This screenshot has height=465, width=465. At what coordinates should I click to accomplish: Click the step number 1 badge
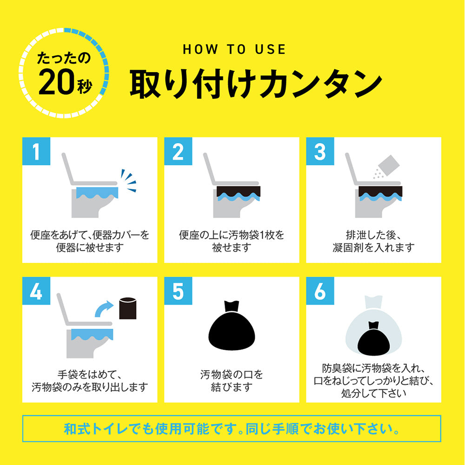pos(36,152)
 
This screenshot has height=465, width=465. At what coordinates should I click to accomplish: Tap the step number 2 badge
pos(178,152)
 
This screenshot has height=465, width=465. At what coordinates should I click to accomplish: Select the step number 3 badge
pos(319,152)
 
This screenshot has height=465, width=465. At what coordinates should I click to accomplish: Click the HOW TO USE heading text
pos(234,50)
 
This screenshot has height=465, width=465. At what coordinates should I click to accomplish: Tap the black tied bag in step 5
pos(231,326)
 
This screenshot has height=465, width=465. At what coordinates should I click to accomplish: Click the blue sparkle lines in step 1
pos(128,181)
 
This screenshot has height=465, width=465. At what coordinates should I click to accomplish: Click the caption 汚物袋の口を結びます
pos(232,380)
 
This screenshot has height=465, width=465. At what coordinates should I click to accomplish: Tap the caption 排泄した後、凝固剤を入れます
pos(373,241)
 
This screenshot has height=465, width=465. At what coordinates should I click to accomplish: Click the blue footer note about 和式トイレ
pos(232,428)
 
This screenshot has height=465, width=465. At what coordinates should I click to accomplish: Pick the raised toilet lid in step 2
pos(210,168)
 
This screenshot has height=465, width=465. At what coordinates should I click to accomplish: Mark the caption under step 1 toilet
pos(90,241)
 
